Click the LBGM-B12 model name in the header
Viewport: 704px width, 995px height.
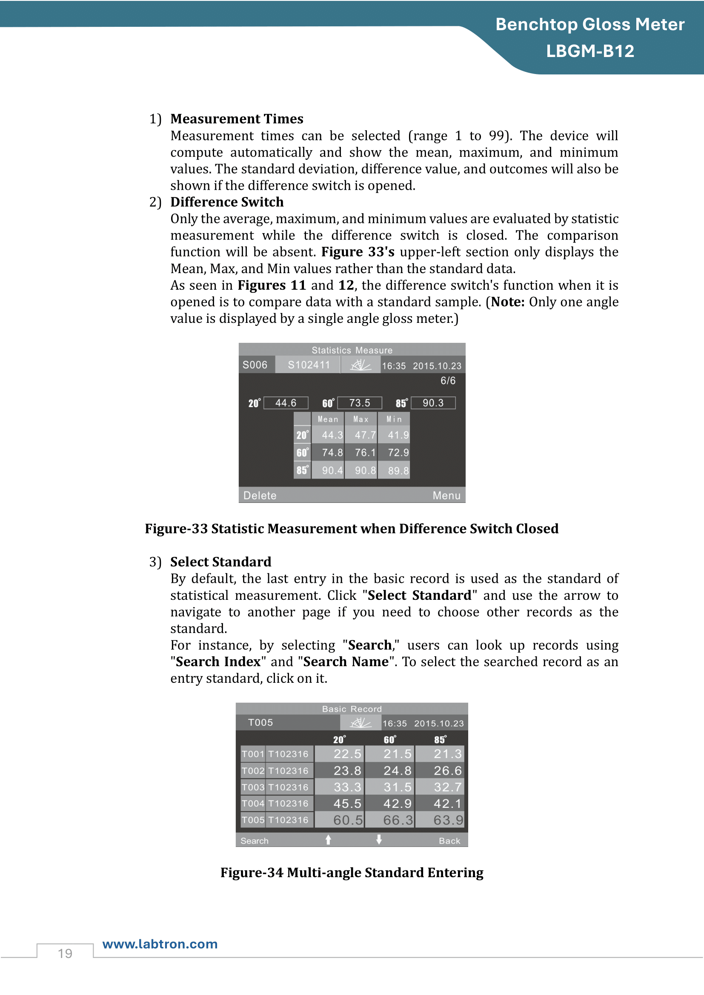pos(590,51)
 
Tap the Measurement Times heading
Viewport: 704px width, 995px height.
pos(237,119)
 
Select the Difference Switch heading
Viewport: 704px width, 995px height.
pos(227,202)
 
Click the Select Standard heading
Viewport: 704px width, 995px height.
pos(220,562)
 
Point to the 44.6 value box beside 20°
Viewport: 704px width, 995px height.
pos(286,403)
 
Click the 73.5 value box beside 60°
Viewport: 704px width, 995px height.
pos(359,403)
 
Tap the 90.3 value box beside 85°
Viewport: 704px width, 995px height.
pos(432,403)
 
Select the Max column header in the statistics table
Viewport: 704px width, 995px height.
pos(361,419)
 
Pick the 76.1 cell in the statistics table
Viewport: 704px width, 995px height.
pos(365,453)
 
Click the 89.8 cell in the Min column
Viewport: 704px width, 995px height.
pos(398,470)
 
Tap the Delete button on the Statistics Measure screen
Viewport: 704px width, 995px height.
pos(260,495)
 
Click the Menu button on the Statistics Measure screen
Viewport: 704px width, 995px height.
pos(446,495)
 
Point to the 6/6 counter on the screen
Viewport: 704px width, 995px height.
pos(448,380)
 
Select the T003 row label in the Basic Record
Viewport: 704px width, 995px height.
pos(253,787)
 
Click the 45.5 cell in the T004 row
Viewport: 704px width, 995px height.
pos(347,804)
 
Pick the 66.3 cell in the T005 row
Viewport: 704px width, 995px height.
pos(398,820)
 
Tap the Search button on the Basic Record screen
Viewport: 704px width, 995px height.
pos(255,841)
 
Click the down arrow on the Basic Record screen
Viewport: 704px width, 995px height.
pos(379,840)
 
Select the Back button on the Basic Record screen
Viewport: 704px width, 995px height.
pos(449,841)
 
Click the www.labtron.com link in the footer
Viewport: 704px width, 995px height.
pos(160,944)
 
